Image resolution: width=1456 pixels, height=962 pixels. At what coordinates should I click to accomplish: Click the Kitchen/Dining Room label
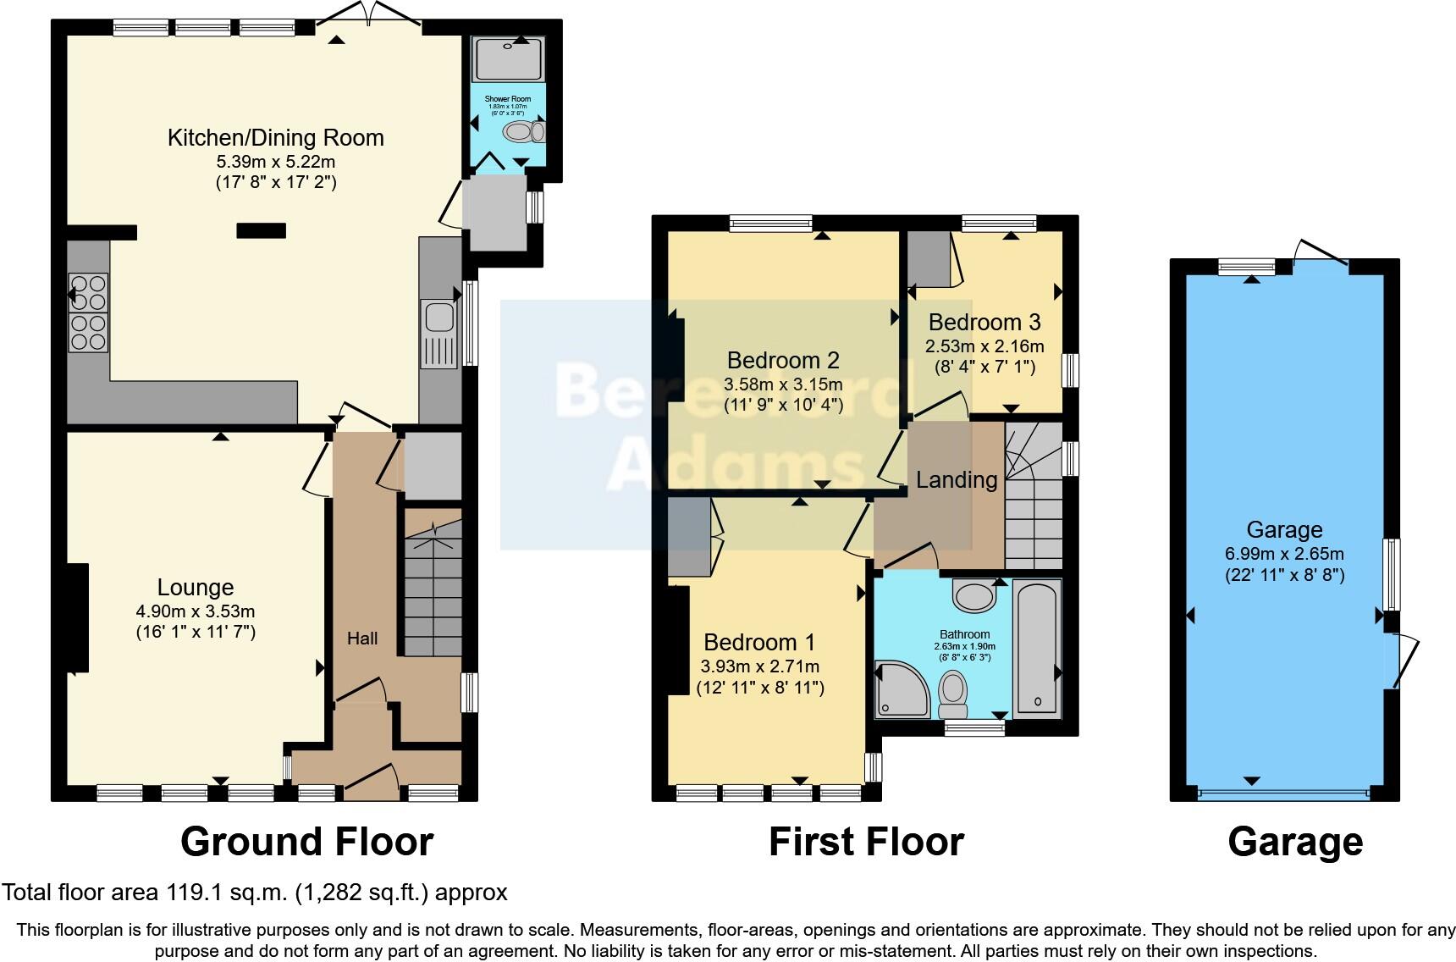(x=275, y=138)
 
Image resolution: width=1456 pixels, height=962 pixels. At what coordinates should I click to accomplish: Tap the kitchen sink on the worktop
(x=439, y=318)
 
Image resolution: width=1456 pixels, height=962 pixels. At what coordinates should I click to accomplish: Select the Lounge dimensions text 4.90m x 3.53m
(x=196, y=611)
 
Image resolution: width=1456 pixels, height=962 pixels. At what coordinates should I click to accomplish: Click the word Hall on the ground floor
(x=362, y=639)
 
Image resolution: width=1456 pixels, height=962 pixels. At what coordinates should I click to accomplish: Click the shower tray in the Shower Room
(x=508, y=59)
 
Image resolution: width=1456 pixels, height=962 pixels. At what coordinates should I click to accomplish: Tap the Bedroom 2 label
(x=783, y=361)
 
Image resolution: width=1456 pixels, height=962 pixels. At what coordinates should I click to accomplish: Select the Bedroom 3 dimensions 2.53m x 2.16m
(x=984, y=346)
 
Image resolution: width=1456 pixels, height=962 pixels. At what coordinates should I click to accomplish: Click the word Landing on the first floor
(x=957, y=480)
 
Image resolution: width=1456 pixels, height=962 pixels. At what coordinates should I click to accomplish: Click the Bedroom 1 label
(x=759, y=642)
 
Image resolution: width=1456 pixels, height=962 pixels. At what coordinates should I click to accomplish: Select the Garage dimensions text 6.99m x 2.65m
(x=1284, y=554)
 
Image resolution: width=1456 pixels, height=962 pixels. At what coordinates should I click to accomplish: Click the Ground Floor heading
(x=306, y=842)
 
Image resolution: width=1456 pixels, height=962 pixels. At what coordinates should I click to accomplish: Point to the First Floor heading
(x=866, y=842)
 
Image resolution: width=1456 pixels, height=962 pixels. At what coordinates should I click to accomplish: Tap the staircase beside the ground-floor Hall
(x=433, y=584)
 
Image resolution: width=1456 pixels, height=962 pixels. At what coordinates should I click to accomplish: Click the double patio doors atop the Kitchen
(x=370, y=15)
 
